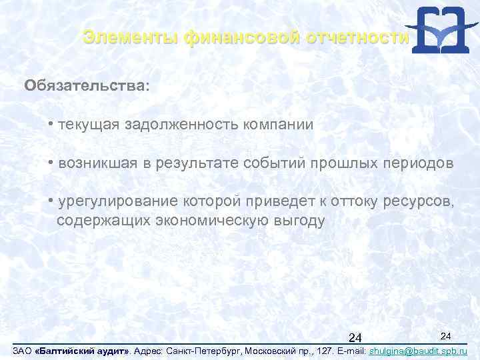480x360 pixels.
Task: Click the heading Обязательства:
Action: [x=87, y=87]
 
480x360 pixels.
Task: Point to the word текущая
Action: [x=88, y=125]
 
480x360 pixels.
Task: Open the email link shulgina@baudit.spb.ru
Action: [x=417, y=351]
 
